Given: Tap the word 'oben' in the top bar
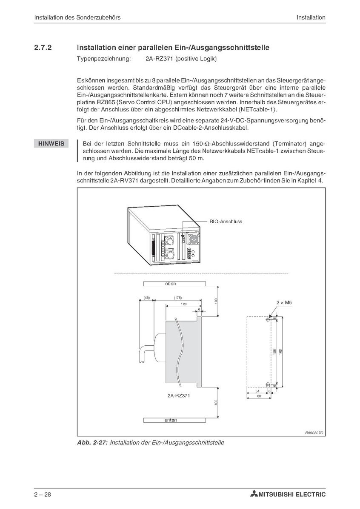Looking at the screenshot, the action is tap(171, 284).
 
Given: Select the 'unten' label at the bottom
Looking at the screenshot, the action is tap(171, 420).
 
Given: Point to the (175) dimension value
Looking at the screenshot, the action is tap(178, 298).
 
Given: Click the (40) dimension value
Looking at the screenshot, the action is tap(146, 298).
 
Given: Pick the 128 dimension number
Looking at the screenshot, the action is tap(183, 304).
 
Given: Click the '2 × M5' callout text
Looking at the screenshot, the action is tap(284, 302).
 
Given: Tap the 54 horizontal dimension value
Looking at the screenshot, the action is tap(257, 391).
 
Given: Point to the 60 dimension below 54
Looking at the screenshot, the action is tap(259, 396).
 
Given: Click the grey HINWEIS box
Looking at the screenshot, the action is tap(51, 143).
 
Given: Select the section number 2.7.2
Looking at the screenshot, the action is tap(43, 47).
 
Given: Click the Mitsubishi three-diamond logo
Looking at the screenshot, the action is tap(254, 495).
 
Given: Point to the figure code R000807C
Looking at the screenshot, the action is tap(314, 433).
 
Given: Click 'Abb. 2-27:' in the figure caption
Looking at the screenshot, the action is tap(92, 443).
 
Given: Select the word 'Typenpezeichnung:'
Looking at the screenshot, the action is tap(104, 59).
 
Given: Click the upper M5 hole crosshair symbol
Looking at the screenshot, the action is tap(267, 320).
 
